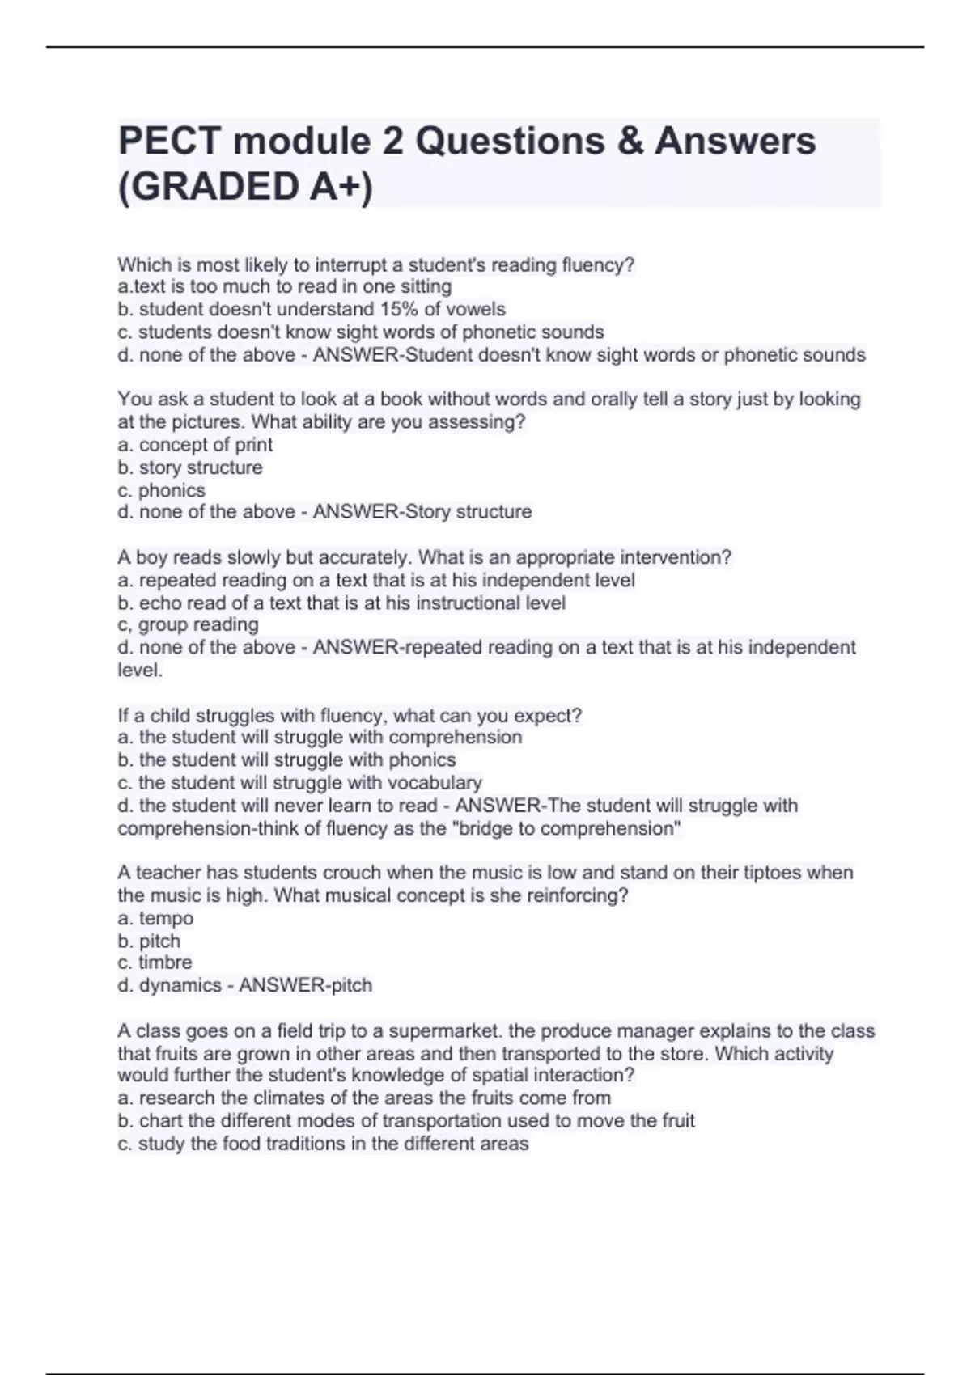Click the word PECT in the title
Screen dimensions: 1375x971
coord(168,141)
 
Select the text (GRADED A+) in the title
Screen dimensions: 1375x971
coord(245,187)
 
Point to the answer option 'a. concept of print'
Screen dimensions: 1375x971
coord(195,444)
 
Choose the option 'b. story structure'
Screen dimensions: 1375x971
coord(190,467)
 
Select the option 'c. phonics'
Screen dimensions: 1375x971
coord(161,490)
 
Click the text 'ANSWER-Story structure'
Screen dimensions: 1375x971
coord(422,512)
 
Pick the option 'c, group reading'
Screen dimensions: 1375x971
coord(188,624)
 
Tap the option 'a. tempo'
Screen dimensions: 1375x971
coord(155,918)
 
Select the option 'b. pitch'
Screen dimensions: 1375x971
coord(149,941)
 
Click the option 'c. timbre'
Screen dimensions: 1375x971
coord(155,962)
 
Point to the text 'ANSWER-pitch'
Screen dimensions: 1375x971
coord(305,985)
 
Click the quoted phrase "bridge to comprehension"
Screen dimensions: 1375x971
coord(570,828)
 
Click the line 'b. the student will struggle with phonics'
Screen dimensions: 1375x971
coord(286,759)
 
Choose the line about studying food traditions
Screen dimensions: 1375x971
coord(323,1144)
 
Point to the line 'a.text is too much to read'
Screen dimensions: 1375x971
coord(284,286)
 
